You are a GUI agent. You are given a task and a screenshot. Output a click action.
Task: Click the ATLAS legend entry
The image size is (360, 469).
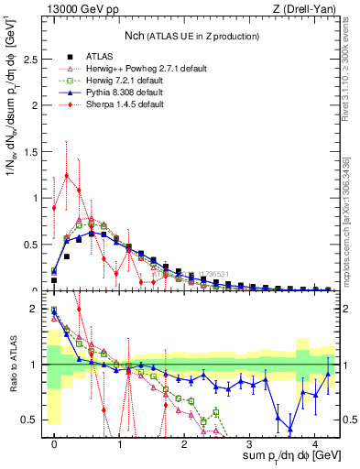[98, 54]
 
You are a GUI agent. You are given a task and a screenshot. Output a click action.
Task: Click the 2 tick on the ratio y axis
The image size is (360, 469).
[38, 309]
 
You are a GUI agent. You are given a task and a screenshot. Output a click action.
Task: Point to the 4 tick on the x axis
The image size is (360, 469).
[314, 443]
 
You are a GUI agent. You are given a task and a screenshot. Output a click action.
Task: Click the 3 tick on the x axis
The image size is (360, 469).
[249, 443]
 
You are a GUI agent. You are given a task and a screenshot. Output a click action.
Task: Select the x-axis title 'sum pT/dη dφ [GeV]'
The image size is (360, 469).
[278, 456]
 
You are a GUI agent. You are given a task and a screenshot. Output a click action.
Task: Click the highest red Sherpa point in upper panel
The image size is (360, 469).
[66, 175]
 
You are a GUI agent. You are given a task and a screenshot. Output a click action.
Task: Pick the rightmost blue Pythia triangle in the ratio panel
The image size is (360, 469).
[327, 374]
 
